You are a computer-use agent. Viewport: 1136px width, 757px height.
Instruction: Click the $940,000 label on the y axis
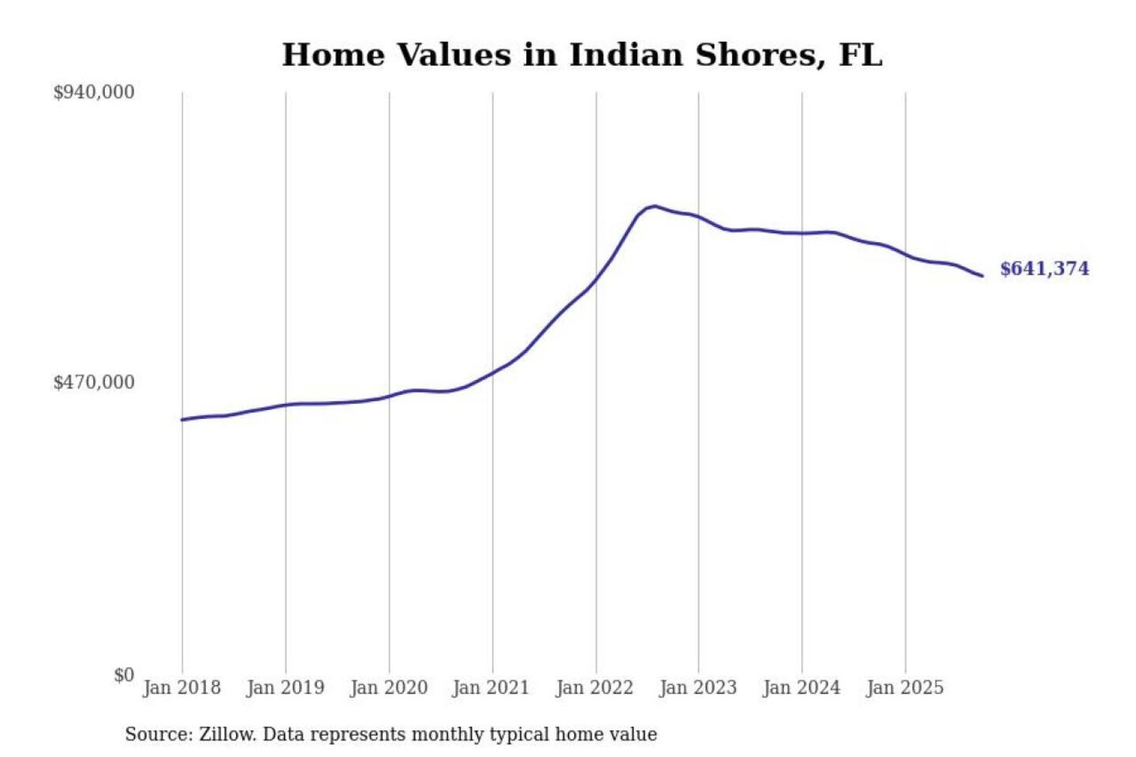click(94, 92)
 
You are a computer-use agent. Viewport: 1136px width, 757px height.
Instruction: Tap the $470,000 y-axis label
click(94, 382)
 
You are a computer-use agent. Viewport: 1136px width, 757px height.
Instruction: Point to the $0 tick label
click(124, 675)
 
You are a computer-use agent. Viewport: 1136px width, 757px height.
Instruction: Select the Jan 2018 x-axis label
click(181, 688)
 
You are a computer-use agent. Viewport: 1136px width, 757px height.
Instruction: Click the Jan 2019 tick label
click(285, 688)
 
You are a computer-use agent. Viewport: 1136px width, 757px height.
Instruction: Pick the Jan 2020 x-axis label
click(388, 688)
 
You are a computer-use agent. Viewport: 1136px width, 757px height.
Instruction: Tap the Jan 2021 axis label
click(491, 688)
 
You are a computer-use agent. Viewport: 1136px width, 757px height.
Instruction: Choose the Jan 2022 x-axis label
click(594, 688)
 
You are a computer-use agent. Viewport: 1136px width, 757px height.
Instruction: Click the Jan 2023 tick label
click(697, 688)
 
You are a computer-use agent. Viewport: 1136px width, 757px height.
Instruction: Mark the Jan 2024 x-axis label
click(802, 688)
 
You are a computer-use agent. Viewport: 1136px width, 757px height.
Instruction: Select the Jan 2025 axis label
click(904, 688)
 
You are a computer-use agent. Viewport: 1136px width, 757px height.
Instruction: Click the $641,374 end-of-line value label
click(1044, 269)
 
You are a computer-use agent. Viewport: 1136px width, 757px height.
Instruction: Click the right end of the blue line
click(982, 275)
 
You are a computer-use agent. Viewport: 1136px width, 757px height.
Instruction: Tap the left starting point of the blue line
click(182, 420)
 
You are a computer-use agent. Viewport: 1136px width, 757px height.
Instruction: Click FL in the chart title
click(861, 55)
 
